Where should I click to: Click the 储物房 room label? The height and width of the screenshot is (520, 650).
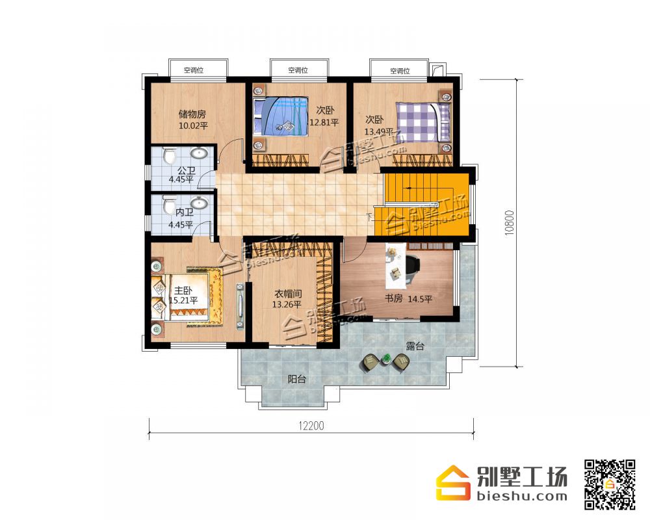pyautogui.click(x=192, y=114)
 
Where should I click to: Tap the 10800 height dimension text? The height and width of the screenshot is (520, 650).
pyautogui.click(x=509, y=223)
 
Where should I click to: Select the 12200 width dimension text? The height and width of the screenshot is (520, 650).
pyautogui.click(x=311, y=426)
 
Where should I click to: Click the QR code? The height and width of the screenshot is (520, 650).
pyautogui.click(x=610, y=484)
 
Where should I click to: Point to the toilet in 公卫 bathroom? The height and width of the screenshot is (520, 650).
pyautogui.click(x=169, y=155)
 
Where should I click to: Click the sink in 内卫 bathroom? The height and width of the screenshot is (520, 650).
pyautogui.click(x=200, y=203)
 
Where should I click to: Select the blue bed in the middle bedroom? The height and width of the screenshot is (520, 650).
pyautogui.click(x=280, y=116)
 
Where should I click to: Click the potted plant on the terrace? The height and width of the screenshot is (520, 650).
pyautogui.click(x=386, y=359)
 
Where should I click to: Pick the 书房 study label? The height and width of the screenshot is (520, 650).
pyautogui.click(x=393, y=298)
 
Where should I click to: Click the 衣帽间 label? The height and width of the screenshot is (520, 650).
pyautogui.click(x=288, y=294)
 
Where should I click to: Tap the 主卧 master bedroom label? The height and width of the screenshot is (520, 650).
pyautogui.click(x=183, y=291)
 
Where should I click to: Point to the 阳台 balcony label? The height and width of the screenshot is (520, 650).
pyautogui.click(x=297, y=378)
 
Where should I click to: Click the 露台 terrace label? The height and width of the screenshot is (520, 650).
pyautogui.click(x=415, y=346)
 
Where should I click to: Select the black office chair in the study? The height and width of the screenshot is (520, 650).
pyautogui.click(x=411, y=268)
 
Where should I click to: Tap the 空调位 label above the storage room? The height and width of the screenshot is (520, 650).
pyautogui.click(x=194, y=70)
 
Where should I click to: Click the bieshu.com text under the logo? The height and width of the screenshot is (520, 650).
pyautogui.click(x=522, y=496)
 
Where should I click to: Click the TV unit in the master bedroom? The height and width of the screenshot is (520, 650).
pyautogui.click(x=240, y=306)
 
